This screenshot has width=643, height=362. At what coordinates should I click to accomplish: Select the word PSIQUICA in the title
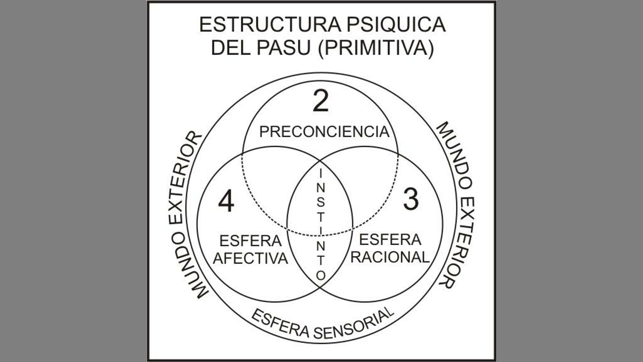coord(396,25)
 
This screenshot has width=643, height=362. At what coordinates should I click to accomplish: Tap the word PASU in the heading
coord(284,48)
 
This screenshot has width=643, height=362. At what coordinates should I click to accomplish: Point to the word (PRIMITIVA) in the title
coord(376,48)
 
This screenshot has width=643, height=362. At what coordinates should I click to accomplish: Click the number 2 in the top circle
coord(320,101)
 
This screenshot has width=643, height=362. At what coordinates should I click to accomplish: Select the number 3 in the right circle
coord(411,199)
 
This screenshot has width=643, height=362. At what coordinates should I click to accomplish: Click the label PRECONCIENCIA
coord(325,132)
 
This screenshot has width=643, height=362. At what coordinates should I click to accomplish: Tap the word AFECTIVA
coord(251,258)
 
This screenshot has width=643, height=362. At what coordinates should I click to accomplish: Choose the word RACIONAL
coord(390,257)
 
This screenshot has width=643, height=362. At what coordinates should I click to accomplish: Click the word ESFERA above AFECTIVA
coord(251,241)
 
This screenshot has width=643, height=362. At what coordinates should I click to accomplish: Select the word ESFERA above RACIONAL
coord(390,239)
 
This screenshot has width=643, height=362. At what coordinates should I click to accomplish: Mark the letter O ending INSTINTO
coord(320,276)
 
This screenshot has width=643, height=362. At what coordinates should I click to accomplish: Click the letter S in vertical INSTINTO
coord(320,202)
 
